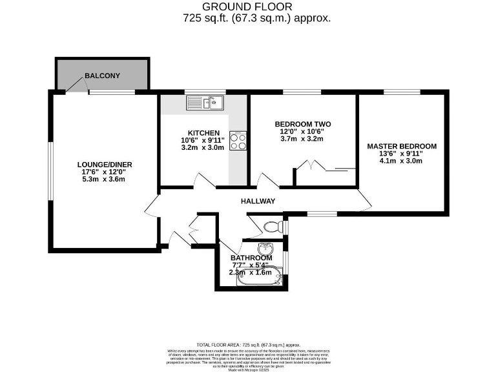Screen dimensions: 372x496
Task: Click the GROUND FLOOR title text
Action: click(247, 6)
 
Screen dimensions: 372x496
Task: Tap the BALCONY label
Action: click(102, 76)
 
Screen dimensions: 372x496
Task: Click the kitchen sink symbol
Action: click(205, 102)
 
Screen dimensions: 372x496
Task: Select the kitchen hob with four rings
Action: click(238, 140)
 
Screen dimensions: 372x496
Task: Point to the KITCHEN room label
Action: click(204, 132)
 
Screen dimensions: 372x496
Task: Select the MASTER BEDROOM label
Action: click(402, 146)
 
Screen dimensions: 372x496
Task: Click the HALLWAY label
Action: click(258, 201)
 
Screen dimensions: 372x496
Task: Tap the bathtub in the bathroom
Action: click(259, 276)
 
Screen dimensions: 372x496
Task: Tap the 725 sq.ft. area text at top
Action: click(256, 19)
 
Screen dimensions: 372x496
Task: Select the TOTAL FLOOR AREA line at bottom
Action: click(248, 346)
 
